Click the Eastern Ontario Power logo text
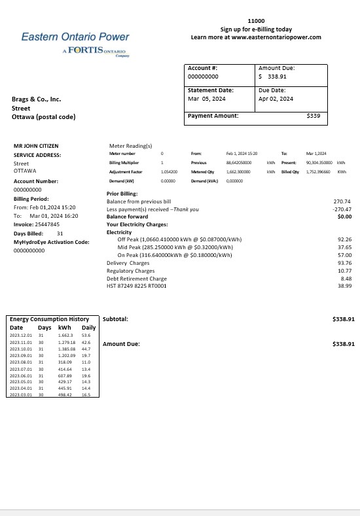tap(75, 37)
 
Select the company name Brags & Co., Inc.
tap(36, 99)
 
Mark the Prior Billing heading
tap(122, 194)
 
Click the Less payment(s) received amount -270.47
tap(343, 209)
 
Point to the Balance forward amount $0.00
tap(344, 216)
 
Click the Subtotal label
tap(115, 319)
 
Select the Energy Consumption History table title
tap(49, 319)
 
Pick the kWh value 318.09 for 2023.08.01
tap(65, 362)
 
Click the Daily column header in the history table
tap(88, 328)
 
